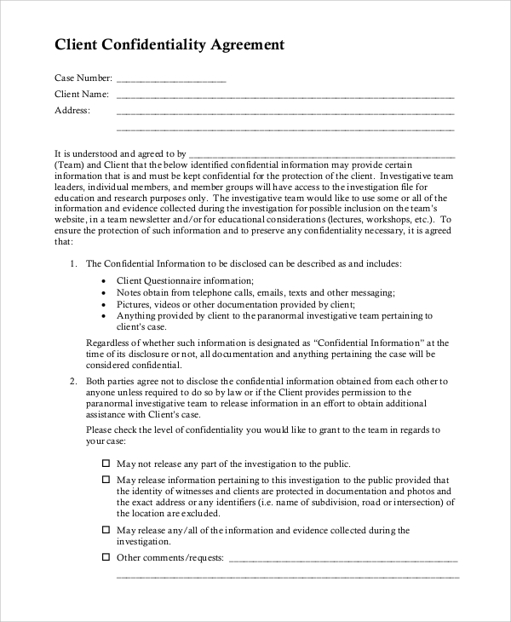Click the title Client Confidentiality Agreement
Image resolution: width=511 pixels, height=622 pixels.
169,44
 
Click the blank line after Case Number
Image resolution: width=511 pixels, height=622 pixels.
171,79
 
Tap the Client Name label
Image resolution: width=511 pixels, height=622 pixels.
82,94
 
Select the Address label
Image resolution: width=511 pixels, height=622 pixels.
72,110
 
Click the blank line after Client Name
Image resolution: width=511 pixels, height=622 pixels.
284,95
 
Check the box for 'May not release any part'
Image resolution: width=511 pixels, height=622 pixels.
106,464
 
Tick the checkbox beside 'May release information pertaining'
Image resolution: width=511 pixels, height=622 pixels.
106,480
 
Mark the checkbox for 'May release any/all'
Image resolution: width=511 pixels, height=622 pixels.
106,530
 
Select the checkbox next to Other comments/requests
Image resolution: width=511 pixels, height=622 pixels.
106,557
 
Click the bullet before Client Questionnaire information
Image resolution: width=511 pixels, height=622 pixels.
104,281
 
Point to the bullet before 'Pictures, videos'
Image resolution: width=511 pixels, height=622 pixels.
104,304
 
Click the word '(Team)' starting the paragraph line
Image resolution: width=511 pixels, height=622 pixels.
70,164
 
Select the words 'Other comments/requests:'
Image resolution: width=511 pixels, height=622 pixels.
169,558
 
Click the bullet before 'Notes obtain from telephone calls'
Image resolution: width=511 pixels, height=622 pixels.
104,293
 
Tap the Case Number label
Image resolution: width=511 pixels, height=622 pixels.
83,78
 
